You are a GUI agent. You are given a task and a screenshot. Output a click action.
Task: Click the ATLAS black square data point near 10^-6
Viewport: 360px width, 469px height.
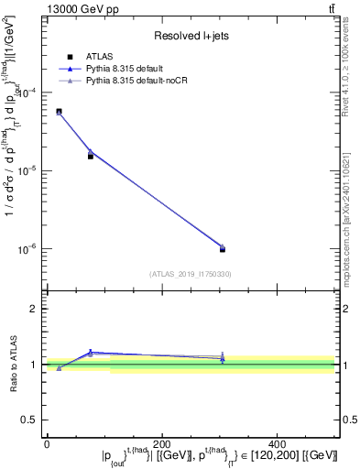(x=223, y=248)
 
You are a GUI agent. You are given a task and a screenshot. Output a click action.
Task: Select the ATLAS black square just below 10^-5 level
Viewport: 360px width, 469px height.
(x=90, y=156)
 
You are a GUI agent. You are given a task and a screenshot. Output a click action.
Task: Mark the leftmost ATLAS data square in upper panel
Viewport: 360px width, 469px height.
(x=59, y=112)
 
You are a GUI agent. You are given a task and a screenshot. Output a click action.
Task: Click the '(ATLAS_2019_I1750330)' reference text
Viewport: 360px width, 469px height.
(x=191, y=273)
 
